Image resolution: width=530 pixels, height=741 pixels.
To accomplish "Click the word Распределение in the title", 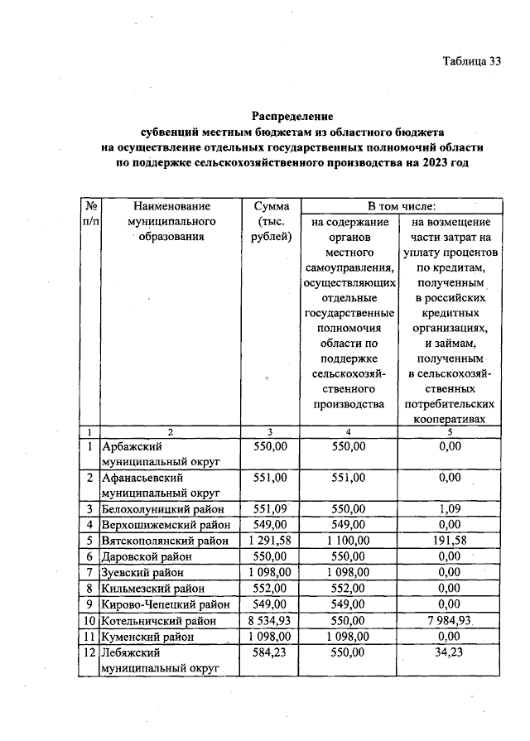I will (292, 117).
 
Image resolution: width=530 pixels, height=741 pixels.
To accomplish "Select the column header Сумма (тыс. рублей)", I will (270, 220).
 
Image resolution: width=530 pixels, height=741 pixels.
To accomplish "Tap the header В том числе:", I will (402, 205).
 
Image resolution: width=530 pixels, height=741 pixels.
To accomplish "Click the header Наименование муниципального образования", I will (170, 220).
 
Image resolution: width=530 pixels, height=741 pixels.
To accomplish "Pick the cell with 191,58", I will (449, 541).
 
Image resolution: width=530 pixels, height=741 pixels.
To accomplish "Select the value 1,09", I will (449, 508).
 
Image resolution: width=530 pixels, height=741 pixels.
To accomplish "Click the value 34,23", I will (449, 652).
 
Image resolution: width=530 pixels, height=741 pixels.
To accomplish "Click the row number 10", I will (88, 620).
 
